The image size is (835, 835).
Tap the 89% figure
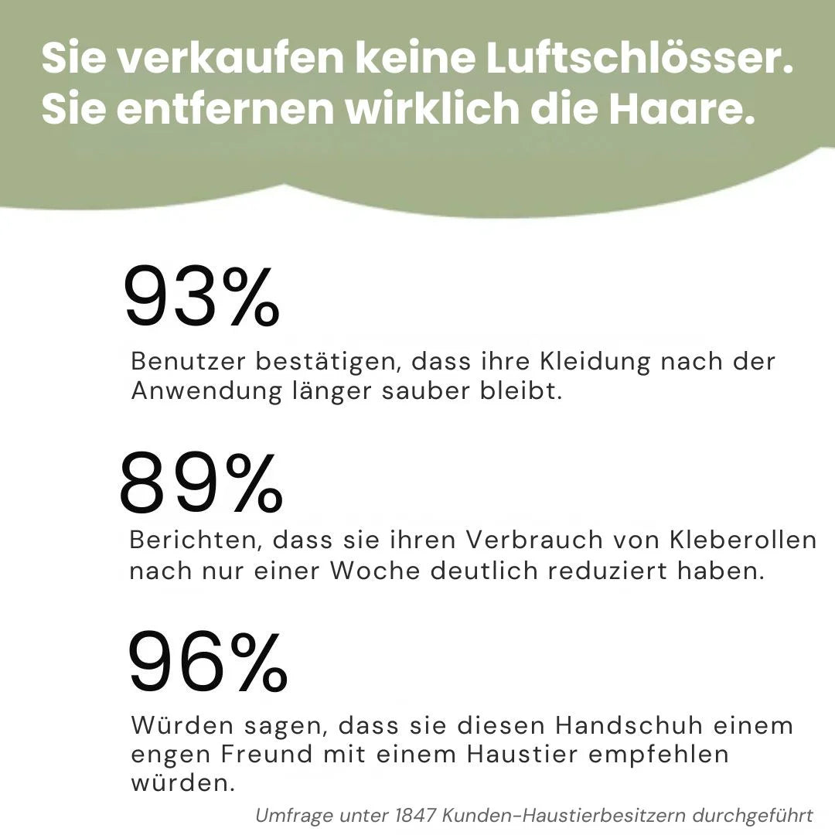click(201, 485)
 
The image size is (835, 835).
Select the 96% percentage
click(208, 662)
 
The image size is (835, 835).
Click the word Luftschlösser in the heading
click(639, 59)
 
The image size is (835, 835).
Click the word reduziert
click(609, 571)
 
